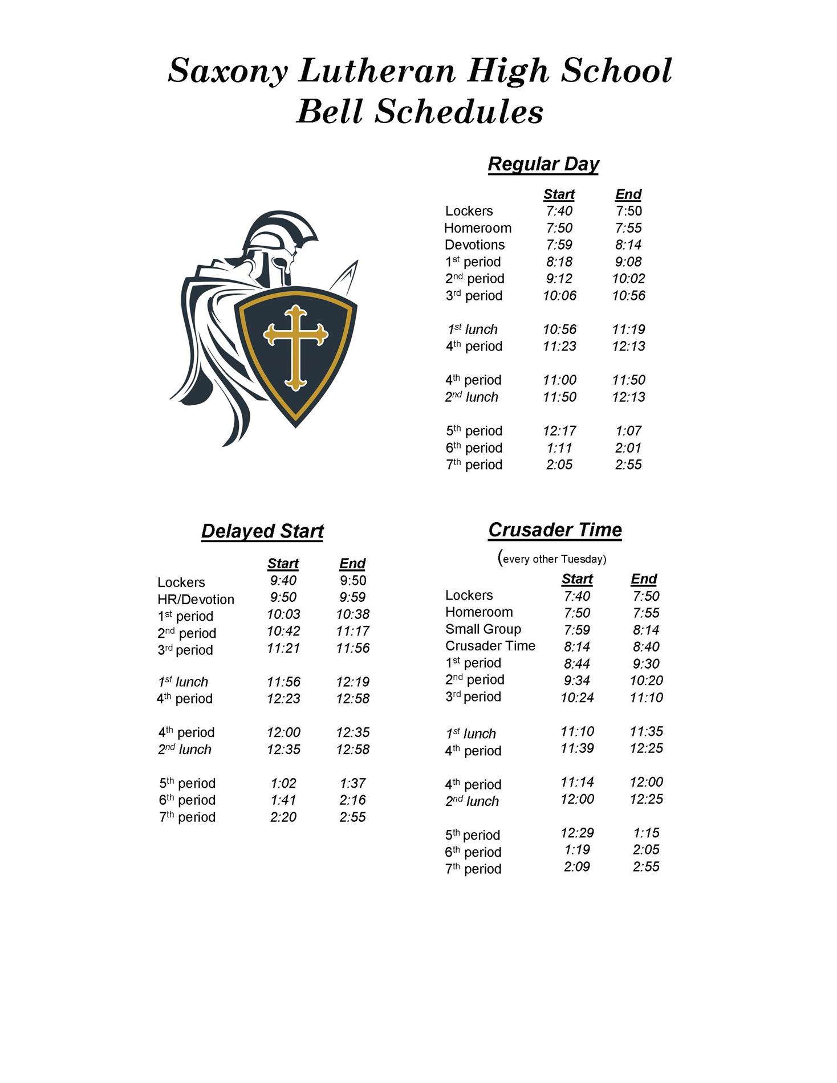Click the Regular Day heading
pos(543,164)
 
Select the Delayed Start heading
pos(262,531)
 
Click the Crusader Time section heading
pos(555,530)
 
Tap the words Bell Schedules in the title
pos(420,111)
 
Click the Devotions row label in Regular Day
pos(474,245)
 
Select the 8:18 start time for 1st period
pos(559,262)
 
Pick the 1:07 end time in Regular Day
pos(628,431)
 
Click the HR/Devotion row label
pos(196,600)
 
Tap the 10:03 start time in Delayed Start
pos(283,614)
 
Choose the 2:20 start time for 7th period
pos(283,817)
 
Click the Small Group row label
pos(483,629)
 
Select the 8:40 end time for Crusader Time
pos(646,646)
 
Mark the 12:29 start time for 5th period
pos(577,833)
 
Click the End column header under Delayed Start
pos(352,563)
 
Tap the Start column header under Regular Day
pos(559,194)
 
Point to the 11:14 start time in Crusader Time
pos(577,782)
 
